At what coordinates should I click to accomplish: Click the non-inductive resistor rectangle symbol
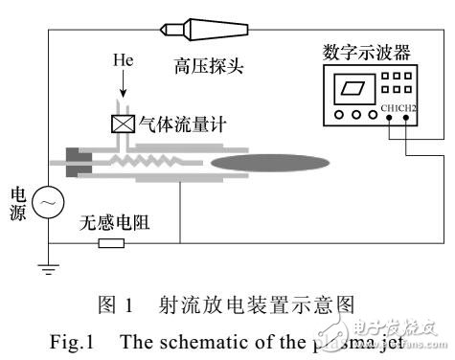tap(111, 243)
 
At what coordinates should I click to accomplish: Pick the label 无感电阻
tap(116, 225)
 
